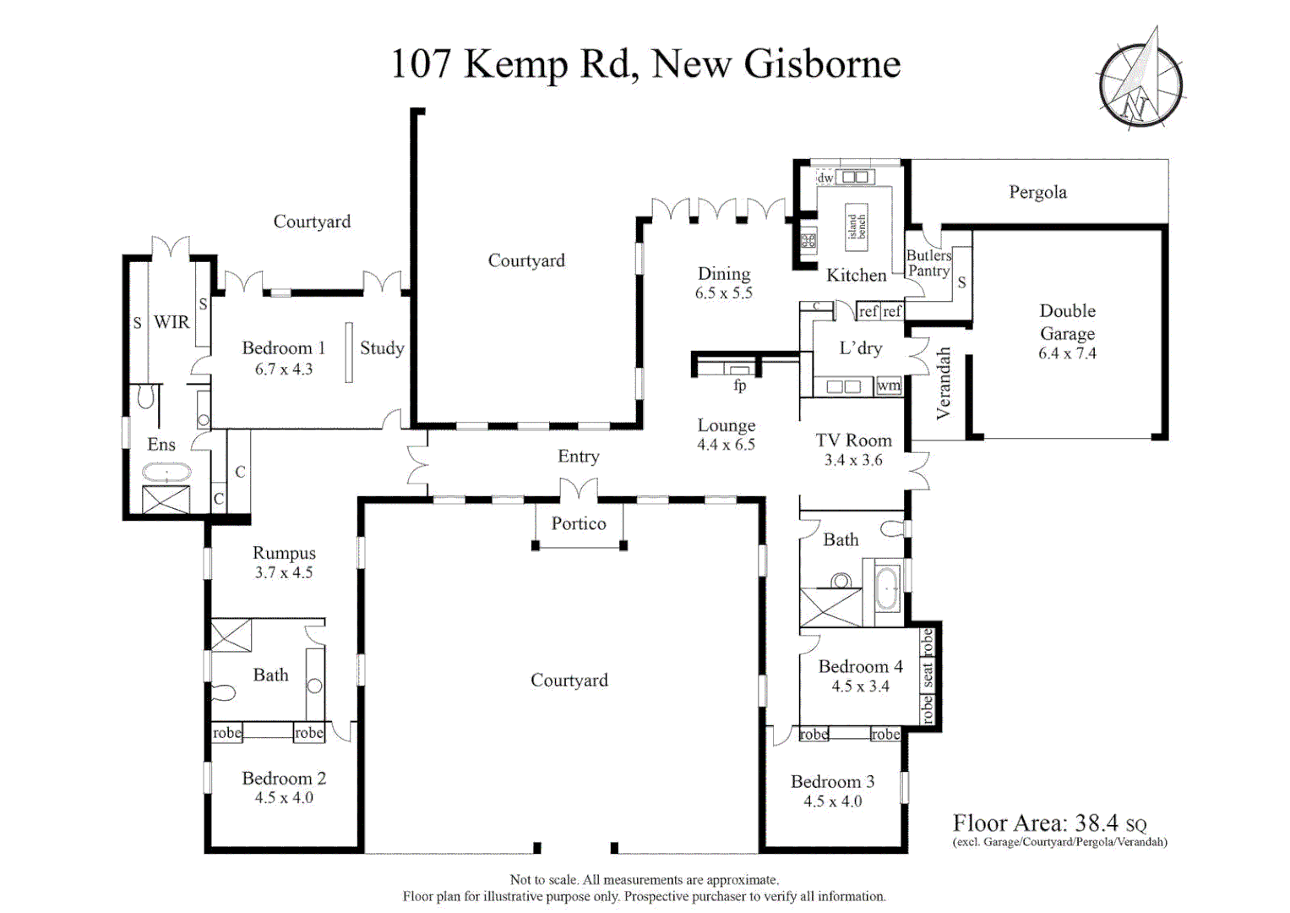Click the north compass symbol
1140,80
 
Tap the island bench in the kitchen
857,227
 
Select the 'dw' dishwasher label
825,178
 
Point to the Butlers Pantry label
928,264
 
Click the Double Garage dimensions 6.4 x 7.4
1067,353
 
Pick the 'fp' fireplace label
740,385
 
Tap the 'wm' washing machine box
889,385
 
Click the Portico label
579,523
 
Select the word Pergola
1037,193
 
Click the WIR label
171,321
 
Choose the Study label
382,348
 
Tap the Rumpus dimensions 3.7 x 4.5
284,573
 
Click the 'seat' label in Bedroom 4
927,675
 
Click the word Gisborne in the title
822,64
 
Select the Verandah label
943,383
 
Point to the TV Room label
853,440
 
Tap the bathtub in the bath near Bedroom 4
887,588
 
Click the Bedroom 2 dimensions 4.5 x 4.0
284,798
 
